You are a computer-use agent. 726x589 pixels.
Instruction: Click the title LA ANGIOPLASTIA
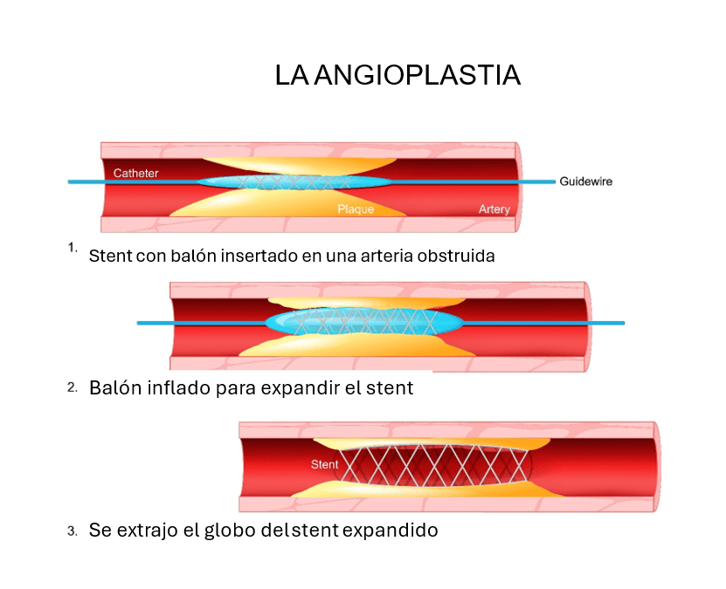coord(398,75)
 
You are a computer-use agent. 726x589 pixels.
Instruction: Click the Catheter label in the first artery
coord(136,173)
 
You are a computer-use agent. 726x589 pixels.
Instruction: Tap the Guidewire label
coord(585,181)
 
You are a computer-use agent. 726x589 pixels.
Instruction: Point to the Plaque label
coord(356,209)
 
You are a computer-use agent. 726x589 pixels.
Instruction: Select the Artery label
coord(494,209)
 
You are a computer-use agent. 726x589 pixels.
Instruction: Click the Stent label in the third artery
coord(324,464)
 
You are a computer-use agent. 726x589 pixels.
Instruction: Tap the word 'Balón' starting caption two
coord(113,387)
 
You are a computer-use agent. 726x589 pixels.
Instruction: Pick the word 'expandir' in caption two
coord(291,387)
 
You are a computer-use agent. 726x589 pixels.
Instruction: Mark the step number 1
coord(73,248)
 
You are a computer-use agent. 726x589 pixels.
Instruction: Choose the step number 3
coord(73,530)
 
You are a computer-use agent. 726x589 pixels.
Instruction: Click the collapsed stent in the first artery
coord(293,182)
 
